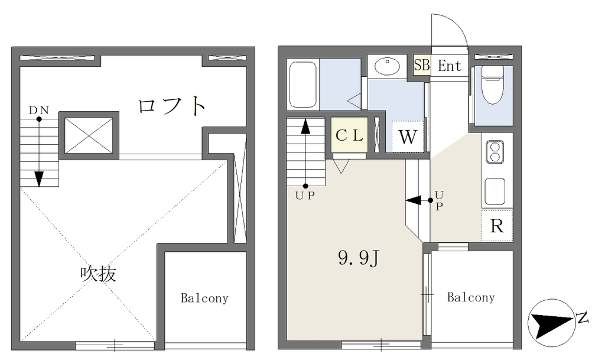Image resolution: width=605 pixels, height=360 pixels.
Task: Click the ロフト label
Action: [x=172, y=105]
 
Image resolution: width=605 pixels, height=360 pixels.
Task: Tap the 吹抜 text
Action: [x=98, y=274]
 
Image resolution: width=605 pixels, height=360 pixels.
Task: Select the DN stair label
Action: [x=39, y=111]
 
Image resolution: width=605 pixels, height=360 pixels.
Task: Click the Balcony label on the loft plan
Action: [x=204, y=298]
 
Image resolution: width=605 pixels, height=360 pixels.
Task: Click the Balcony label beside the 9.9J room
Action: [x=471, y=297]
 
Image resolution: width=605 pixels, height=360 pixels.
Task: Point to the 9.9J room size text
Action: [x=359, y=258]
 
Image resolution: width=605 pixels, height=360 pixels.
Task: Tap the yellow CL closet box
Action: [x=349, y=135]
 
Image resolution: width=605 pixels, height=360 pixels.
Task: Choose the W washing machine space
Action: [x=408, y=137]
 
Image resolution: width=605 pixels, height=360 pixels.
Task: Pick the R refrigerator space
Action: [x=497, y=226]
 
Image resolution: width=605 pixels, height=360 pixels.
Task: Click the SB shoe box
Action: [x=422, y=65]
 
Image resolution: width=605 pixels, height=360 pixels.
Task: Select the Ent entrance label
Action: [x=450, y=66]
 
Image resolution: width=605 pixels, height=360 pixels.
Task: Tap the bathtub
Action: [x=303, y=85]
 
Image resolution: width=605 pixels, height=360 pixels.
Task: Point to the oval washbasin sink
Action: [x=387, y=67]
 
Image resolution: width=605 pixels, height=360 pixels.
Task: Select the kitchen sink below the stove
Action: [x=495, y=192]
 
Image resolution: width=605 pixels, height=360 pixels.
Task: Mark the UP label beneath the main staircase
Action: [x=305, y=196]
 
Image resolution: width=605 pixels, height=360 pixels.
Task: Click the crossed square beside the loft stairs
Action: [x=89, y=136]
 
